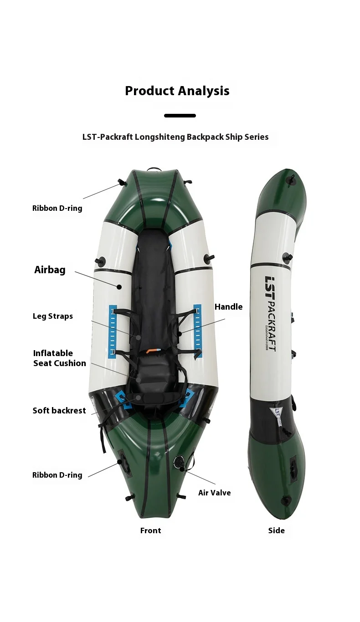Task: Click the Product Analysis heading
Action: click(177, 91)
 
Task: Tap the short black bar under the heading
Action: click(180, 116)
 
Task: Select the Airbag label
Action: click(50, 270)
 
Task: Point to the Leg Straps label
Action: click(53, 316)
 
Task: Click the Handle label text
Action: click(228, 306)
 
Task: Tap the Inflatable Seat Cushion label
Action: click(60, 358)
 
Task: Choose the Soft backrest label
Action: click(59, 410)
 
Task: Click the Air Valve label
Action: click(214, 493)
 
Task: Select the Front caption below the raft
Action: click(150, 530)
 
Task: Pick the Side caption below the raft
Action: click(276, 530)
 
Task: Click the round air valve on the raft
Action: click(178, 463)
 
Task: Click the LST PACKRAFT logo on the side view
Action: click(270, 314)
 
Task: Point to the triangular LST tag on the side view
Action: click(277, 415)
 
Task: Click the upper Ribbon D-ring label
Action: click(57, 208)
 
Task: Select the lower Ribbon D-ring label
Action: click(57, 475)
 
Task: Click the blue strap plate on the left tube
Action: click(112, 331)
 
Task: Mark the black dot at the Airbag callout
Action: click(119, 287)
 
